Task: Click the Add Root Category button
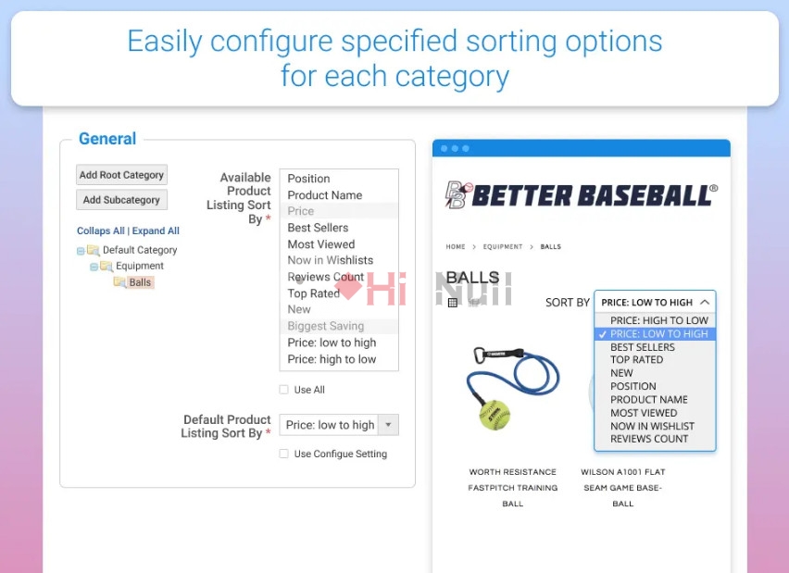pos(121,175)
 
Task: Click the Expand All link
pos(156,230)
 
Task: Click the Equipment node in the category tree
pos(140,266)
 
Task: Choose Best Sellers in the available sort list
pos(318,228)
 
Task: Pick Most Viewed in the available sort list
pos(321,244)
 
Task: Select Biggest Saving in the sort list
pos(326,326)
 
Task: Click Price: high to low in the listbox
pos(332,359)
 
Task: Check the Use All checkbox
pos(283,390)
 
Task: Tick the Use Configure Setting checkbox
pos(283,454)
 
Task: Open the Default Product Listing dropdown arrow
pos(388,425)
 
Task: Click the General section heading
pos(107,138)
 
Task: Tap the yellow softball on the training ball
pos(495,415)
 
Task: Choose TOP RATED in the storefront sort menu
pos(636,360)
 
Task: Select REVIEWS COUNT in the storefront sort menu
pos(649,439)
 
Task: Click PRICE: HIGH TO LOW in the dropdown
pos(659,320)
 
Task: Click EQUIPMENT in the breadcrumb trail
pos(503,246)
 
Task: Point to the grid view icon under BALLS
pos(452,303)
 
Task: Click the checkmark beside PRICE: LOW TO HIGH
pos(602,334)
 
